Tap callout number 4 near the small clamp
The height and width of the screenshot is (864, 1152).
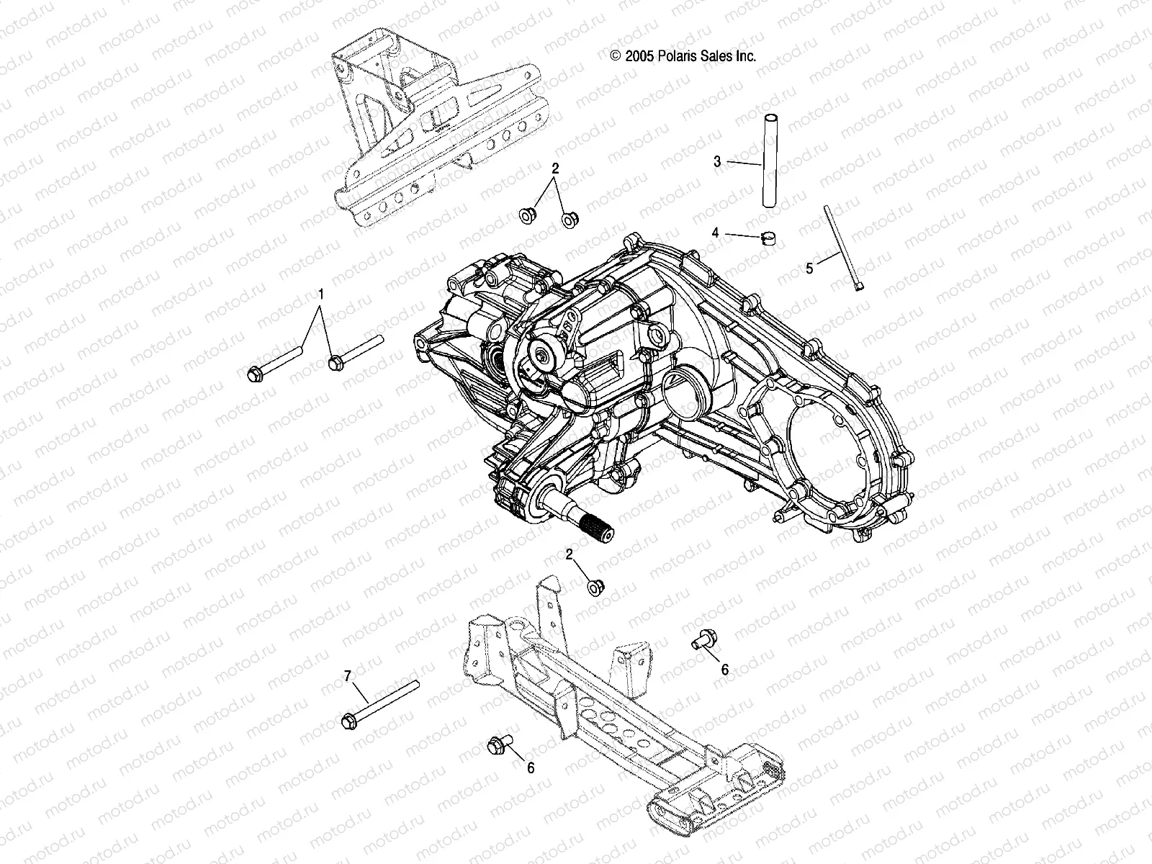[x=715, y=233]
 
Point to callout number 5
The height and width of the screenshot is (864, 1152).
[x=809, y=268]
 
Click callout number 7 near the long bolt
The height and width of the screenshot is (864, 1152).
[x=347, y=675]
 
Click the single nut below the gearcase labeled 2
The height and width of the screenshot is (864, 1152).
[x=595, y=588]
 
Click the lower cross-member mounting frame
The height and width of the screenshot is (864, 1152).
[x=619, y=706]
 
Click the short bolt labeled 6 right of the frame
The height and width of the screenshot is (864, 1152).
[x=701, y=638]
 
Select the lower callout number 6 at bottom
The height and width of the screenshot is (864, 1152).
[x=531, y=768]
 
